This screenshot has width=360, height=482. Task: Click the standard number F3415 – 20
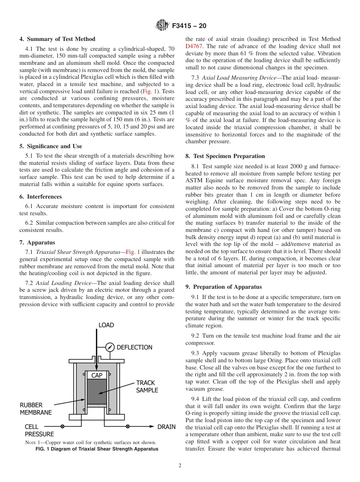pos(189,26)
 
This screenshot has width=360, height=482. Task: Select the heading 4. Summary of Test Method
pos(57,39)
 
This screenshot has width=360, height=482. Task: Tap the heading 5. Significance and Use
pos(51,146)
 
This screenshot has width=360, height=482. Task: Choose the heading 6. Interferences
pos(41,197)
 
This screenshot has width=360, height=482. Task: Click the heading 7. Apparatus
pos(37,243)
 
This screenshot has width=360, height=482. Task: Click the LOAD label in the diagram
pos(106,325)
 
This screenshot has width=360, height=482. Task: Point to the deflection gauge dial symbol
pos(110,347)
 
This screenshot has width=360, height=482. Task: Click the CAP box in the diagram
pos(97,376)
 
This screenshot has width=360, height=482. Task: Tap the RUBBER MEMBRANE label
pos(36,408)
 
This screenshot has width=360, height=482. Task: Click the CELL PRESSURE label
pos(39,430)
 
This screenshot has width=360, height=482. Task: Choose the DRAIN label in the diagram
pos(166,427)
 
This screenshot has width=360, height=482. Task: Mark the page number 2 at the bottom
pos(180,466)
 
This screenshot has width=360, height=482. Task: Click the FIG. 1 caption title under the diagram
pos(97,449)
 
